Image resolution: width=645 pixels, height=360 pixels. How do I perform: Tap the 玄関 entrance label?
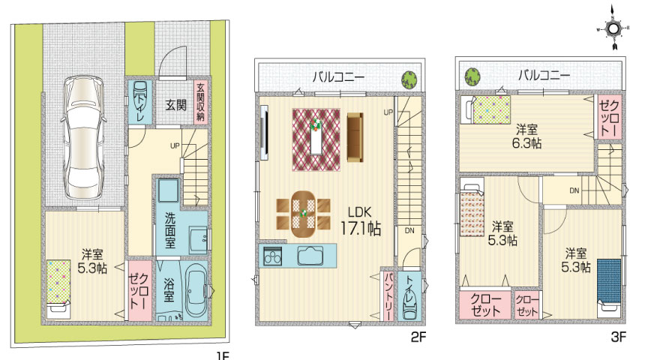(x=175, y=105)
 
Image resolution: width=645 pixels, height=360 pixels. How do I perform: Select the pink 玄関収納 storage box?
(x=200, y=101)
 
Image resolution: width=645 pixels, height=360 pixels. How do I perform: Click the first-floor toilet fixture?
(x=139, y=100)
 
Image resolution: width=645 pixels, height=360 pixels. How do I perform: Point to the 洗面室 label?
(x=170, y=230)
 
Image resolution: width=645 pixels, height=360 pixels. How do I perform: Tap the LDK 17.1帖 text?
(x=360, y=221)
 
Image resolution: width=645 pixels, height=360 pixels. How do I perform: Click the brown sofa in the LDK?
(x=355, y=138)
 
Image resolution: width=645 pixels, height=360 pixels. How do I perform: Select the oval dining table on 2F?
(x=304, y=214)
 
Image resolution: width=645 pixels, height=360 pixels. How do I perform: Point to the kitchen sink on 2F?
(x=310, y=256)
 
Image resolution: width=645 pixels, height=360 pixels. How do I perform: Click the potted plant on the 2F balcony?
(x=409, y=79)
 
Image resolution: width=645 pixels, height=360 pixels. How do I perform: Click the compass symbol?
(x=613, y=28)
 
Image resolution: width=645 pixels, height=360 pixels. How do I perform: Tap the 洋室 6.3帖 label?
(x=526, y=136)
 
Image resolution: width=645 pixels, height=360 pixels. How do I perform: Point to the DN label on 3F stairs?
(x=574, y=190)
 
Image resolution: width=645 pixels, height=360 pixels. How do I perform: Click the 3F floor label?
(x=618, y=337)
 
